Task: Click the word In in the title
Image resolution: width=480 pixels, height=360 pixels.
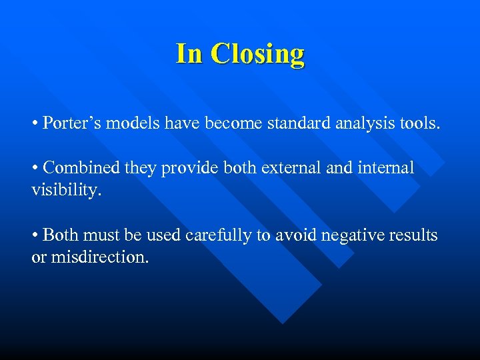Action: click(191, 53)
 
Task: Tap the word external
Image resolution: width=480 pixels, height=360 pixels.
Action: click(286, 168)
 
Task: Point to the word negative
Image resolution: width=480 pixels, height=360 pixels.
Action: click(349, 236)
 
